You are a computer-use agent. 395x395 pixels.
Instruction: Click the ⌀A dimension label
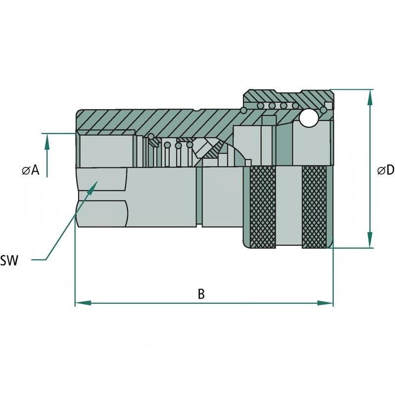tap(31, 170)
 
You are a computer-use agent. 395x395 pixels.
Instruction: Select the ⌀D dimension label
tap(386, 170)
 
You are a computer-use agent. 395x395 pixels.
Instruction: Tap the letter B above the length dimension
tap(201, 294)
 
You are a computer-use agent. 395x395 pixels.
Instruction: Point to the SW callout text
tap(9, 261)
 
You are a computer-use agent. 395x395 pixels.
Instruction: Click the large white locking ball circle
tap(308, 118)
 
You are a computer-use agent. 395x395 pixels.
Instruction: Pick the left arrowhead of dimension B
tap(83, 303)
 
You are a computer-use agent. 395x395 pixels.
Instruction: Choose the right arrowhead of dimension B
tap(325, 303)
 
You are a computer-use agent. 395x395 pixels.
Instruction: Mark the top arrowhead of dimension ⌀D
tap(370, 97)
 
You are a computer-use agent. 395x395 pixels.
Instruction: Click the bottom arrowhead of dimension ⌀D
tap(370, 240)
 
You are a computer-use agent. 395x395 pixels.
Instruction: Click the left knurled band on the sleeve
tap(263, 207)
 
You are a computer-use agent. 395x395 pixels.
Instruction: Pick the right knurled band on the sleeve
tap(314, 207)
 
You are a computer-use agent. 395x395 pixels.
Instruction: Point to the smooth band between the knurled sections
tap(289, 206)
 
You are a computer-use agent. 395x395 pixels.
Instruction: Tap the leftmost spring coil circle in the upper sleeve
tap(261, 106)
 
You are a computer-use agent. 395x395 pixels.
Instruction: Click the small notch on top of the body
tap(197, 110)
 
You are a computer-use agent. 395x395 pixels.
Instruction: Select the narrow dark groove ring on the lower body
tap(199, 196)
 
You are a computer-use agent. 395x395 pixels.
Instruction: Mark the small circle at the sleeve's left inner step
tap(243, 110)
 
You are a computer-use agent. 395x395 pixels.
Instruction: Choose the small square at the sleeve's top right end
tap(328, 105)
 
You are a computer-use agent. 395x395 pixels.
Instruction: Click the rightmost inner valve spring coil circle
tap(190, 145)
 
